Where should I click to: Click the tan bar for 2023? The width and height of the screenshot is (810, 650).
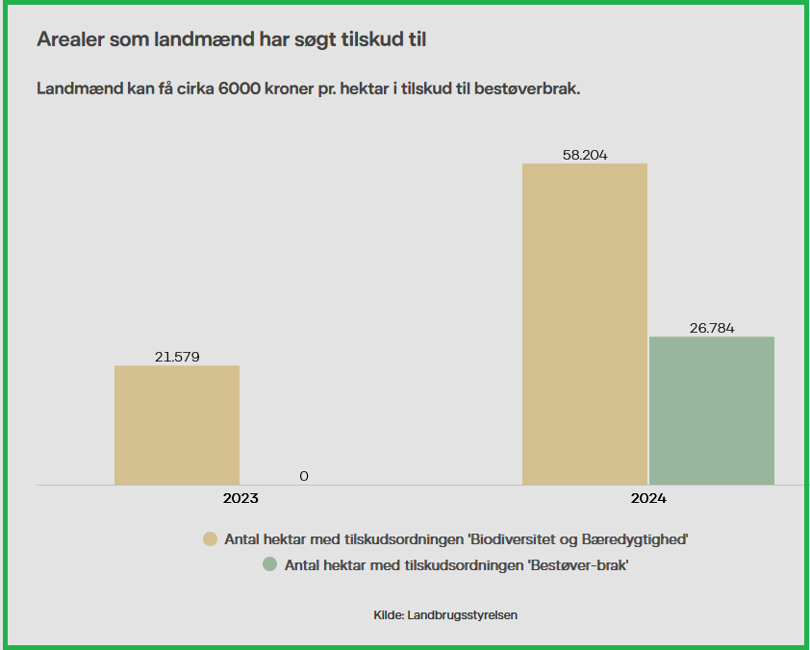[177, 424]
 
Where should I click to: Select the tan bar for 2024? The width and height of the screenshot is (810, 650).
[585, 323]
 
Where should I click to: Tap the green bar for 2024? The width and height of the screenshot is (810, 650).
[712, 410]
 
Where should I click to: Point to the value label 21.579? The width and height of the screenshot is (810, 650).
[177, 357]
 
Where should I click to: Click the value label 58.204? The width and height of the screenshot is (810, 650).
[585, 155]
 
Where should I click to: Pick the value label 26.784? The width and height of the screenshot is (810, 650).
[712, 328]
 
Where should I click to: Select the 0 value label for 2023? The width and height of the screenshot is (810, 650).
[304, 476]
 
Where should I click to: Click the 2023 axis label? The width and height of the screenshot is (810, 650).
[240, 499]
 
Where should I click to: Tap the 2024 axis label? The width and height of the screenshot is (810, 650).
[648, 499]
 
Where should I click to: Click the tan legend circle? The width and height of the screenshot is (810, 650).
[210, 539]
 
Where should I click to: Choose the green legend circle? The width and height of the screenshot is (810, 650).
[270, 565]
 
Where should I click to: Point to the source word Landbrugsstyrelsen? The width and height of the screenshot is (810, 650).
[463, 614]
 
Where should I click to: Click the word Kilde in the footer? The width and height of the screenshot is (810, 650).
[388, 614]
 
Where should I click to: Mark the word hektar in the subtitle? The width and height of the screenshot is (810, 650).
[370, 88]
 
